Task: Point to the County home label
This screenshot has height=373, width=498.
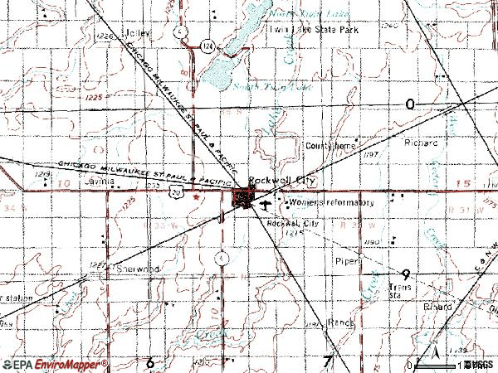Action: (329, 146)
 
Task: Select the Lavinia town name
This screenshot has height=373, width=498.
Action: (97, 179)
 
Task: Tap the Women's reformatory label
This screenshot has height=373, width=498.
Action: (331, 202)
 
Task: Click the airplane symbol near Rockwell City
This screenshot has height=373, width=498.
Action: (264, 201)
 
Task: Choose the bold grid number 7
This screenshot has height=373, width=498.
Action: (327, 361)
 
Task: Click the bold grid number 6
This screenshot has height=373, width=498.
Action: (150, 362)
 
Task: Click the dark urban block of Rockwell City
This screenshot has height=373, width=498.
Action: (245, 199)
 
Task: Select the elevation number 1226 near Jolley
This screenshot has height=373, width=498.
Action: (103, 37)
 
